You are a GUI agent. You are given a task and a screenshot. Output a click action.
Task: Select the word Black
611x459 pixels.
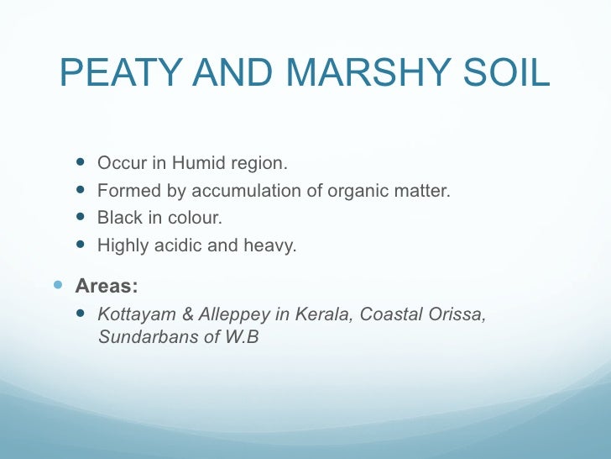pyautogui.click(x=118, y=219)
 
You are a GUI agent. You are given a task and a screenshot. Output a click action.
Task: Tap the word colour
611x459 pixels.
pyautogui.click(x=196, y=219)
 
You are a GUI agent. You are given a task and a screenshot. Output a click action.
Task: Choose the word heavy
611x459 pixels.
pyautogui.click(x=269, y=247)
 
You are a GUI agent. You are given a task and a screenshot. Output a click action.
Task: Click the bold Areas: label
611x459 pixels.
pyautogui.click(x=107, y=286)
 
